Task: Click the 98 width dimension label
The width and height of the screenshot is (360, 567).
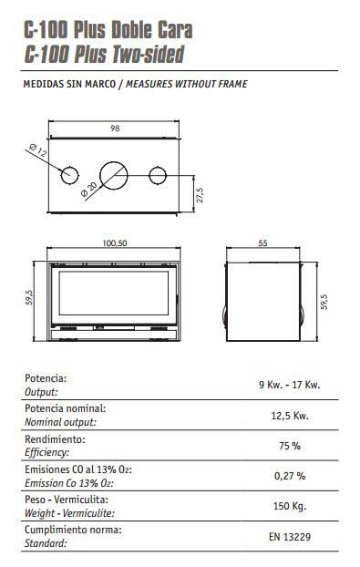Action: [115, 128]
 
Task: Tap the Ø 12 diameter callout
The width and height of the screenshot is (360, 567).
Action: [38, 150]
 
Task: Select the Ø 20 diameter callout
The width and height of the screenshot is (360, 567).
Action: [88, 190]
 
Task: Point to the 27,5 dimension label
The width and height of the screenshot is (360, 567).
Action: [201, 194]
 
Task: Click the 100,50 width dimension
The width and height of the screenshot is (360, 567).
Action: [115, 243]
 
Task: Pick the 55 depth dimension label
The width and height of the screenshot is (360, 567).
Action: [262, 243]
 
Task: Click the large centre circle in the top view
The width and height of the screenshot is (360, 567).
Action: [114, 175]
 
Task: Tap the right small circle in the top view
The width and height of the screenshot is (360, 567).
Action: [158, 175]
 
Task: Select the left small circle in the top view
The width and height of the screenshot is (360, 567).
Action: [70, 176]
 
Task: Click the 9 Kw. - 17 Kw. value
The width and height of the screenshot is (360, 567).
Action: [290, 385]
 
